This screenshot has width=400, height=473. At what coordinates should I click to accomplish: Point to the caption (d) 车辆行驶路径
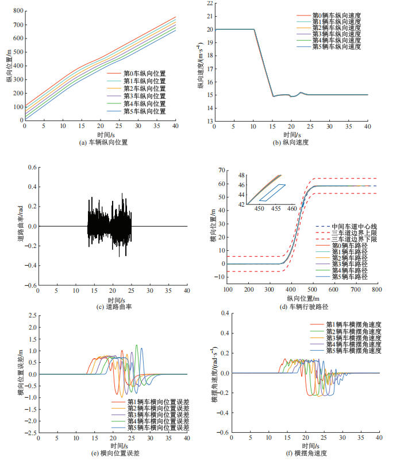[301, 307]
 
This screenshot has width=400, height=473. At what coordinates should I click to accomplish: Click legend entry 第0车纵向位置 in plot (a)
[144, 73]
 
